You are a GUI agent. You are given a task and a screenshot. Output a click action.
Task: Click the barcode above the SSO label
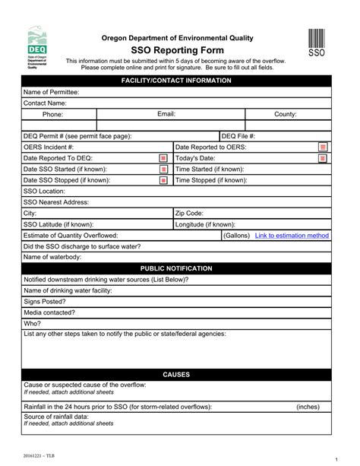tap(316, 39)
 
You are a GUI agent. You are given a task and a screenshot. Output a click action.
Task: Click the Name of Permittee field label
tap(51, 92)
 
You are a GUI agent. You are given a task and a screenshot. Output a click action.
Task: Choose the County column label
tap(286, 114)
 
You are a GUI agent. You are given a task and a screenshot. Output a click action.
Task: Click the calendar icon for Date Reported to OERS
tap(323, 147)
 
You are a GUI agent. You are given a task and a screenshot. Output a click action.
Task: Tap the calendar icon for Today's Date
tap(323, 158)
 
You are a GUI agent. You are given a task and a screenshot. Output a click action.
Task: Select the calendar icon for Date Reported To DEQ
tap(163, 158)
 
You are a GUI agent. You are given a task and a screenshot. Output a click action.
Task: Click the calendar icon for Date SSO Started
tap(163, 170)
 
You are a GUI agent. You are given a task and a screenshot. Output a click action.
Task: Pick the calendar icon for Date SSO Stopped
tap(163, 181)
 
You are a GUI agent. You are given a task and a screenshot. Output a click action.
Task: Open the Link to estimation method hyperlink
tap(292, 236)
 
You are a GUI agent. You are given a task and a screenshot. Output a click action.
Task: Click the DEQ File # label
tap(238, 136)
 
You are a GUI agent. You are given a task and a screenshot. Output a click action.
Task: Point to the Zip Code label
tap(189, 214)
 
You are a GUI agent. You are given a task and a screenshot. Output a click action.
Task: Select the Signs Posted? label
tap(44, 302)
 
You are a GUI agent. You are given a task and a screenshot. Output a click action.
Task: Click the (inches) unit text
tap(308, 407)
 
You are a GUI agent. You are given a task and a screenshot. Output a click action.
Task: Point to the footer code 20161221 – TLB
tap(39, 455)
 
